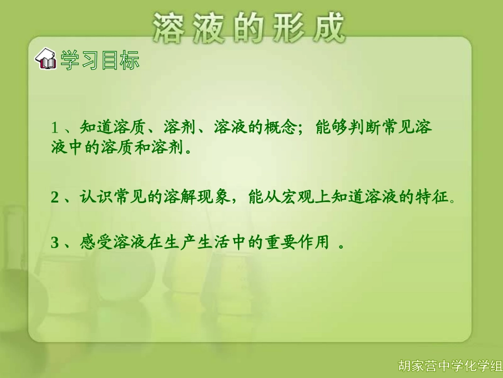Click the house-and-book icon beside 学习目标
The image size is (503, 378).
point(46,60)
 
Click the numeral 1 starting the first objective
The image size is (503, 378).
point(54,128)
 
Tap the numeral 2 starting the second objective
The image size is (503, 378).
point(54,198)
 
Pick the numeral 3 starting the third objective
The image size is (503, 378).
point(54,243)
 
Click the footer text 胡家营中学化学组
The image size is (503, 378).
point(450,366)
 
